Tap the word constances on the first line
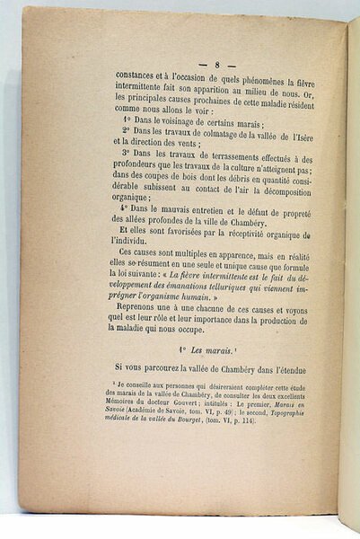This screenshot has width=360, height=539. click(x=142, y=78)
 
